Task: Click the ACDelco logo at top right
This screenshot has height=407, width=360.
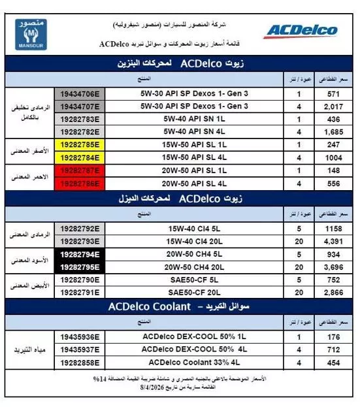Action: pos(301,30)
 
